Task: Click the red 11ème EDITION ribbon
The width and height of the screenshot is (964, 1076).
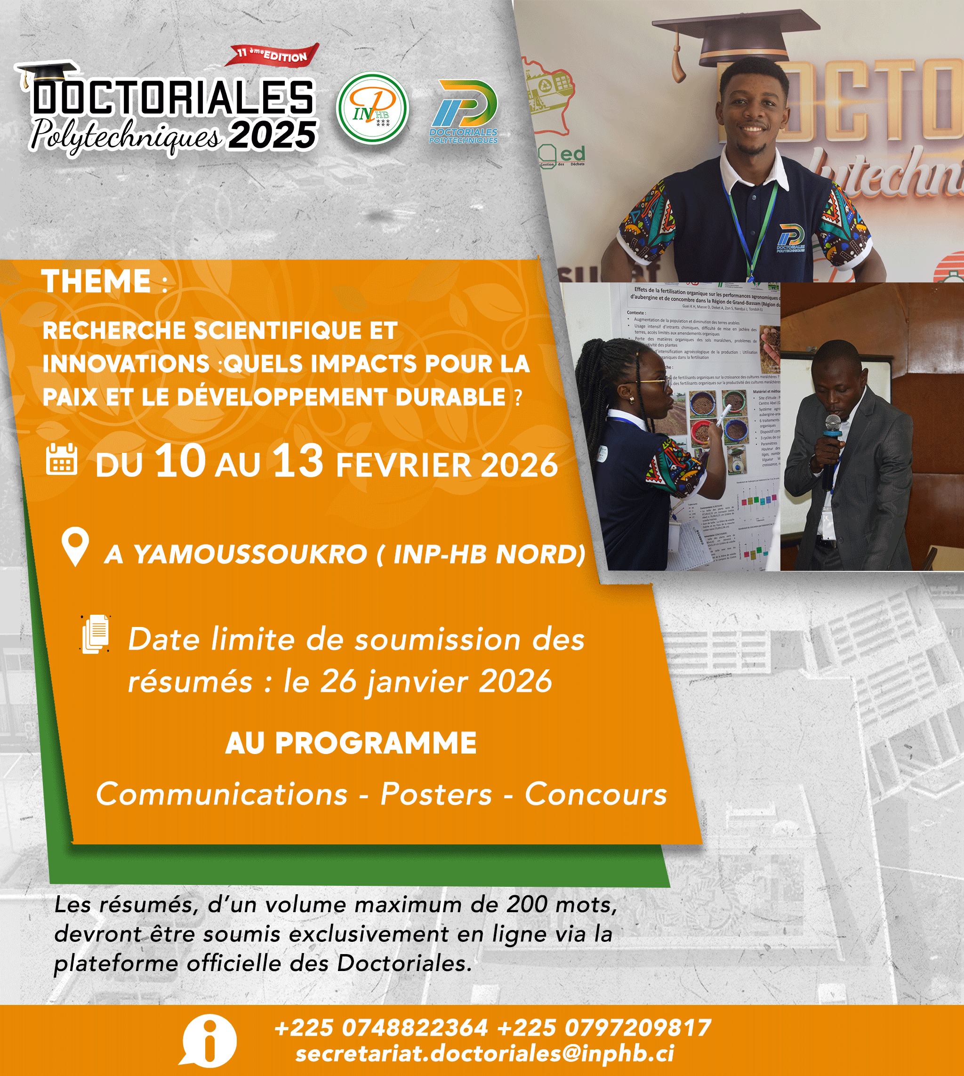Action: pos(273,55)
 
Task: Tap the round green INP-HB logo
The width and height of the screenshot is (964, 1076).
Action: pos(372,109)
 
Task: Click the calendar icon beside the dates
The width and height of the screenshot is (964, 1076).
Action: pos(62,458)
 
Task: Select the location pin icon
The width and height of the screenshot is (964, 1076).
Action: pos(75,547)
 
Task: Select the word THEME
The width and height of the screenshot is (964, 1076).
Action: pos(96,281)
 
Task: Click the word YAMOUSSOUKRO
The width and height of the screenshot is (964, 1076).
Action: pos(250,554)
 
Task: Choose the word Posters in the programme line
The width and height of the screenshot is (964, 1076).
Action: pos(436,795)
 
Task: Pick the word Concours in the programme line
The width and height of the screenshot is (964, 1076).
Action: pos(595,795)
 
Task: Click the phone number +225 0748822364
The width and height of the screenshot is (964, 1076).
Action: pos(381,1028)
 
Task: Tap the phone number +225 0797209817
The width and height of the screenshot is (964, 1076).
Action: pos(604,1028)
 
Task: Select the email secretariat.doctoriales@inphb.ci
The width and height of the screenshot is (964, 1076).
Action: pos(485,1053)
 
